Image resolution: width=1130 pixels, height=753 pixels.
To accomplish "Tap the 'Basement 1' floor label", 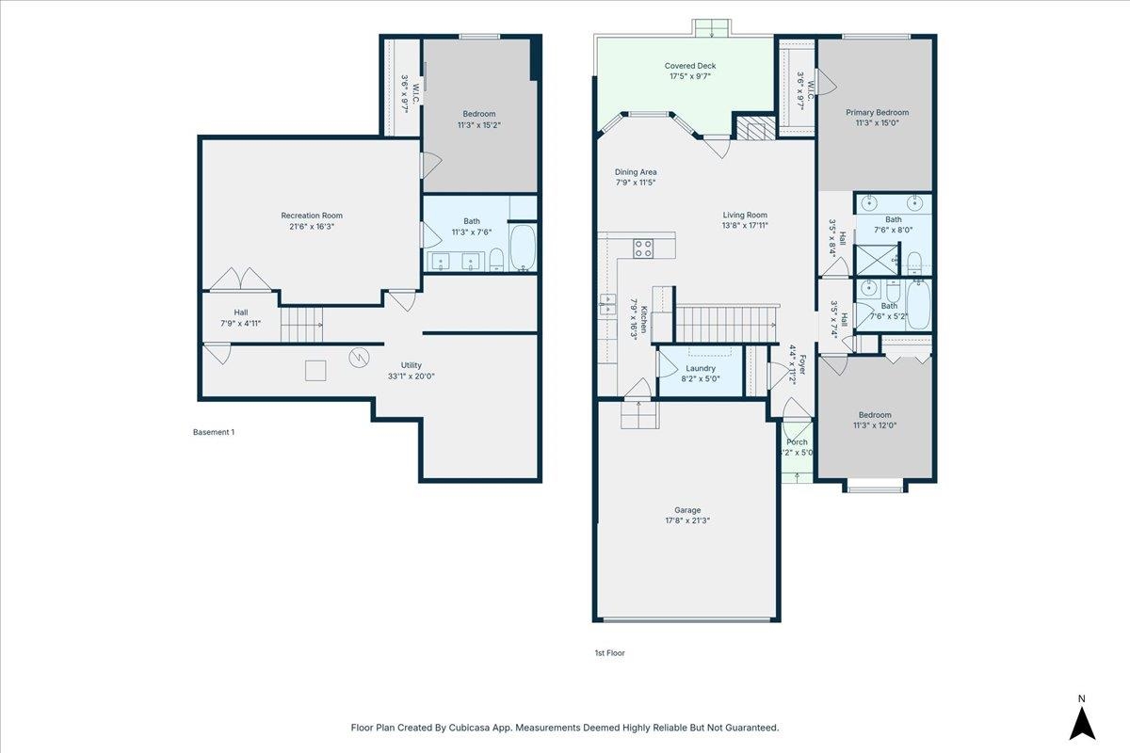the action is pyautogui.click(x=214, y=432).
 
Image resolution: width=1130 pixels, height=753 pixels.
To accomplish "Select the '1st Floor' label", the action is pyautogui.click(x=609, y=653).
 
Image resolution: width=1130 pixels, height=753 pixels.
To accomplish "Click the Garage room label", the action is pyautogui.click(x=687, y=510).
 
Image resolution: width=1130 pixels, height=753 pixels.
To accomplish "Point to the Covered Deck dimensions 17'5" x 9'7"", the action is pyautogui.click(x=689, y=76).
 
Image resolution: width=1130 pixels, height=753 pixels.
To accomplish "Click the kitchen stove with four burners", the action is pyautogui.click(x=643, y=248).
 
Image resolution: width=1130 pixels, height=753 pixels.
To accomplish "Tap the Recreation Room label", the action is pyautogui.click(x=312, y=216).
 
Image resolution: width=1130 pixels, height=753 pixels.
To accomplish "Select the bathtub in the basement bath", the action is pyautogui.click(x=523, y=248).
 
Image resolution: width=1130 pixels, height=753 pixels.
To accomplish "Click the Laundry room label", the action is pyautogui.click(x=701, y=368).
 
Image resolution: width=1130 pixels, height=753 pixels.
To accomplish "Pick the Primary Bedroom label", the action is pyautogui.click(x=878, y=112).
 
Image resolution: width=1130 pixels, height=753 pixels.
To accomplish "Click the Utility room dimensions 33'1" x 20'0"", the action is pyautogui.click(x=412, y=376).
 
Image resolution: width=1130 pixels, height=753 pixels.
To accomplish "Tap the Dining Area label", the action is pyautogui.click(x=636, y=172).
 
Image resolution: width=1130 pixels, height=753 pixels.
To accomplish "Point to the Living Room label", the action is pyautogui.click(x=745, y=215).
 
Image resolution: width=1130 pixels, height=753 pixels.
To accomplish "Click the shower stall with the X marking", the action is pyautogui.click(x=878, y=260).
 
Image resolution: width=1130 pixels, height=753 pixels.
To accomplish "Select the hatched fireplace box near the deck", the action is pyautogui.click(x=755, y=128).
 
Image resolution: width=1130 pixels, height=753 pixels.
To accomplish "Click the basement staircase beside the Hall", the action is pyautogui.click(x=301, y=326).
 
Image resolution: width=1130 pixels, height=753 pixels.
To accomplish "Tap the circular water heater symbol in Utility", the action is pyautogui.click(x=359, y=358).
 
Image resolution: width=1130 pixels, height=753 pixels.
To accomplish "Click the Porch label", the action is pyautogui.click(x=797, y=442).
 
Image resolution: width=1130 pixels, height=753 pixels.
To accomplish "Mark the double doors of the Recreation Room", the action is pyautogui.click(x=241, y=280).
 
